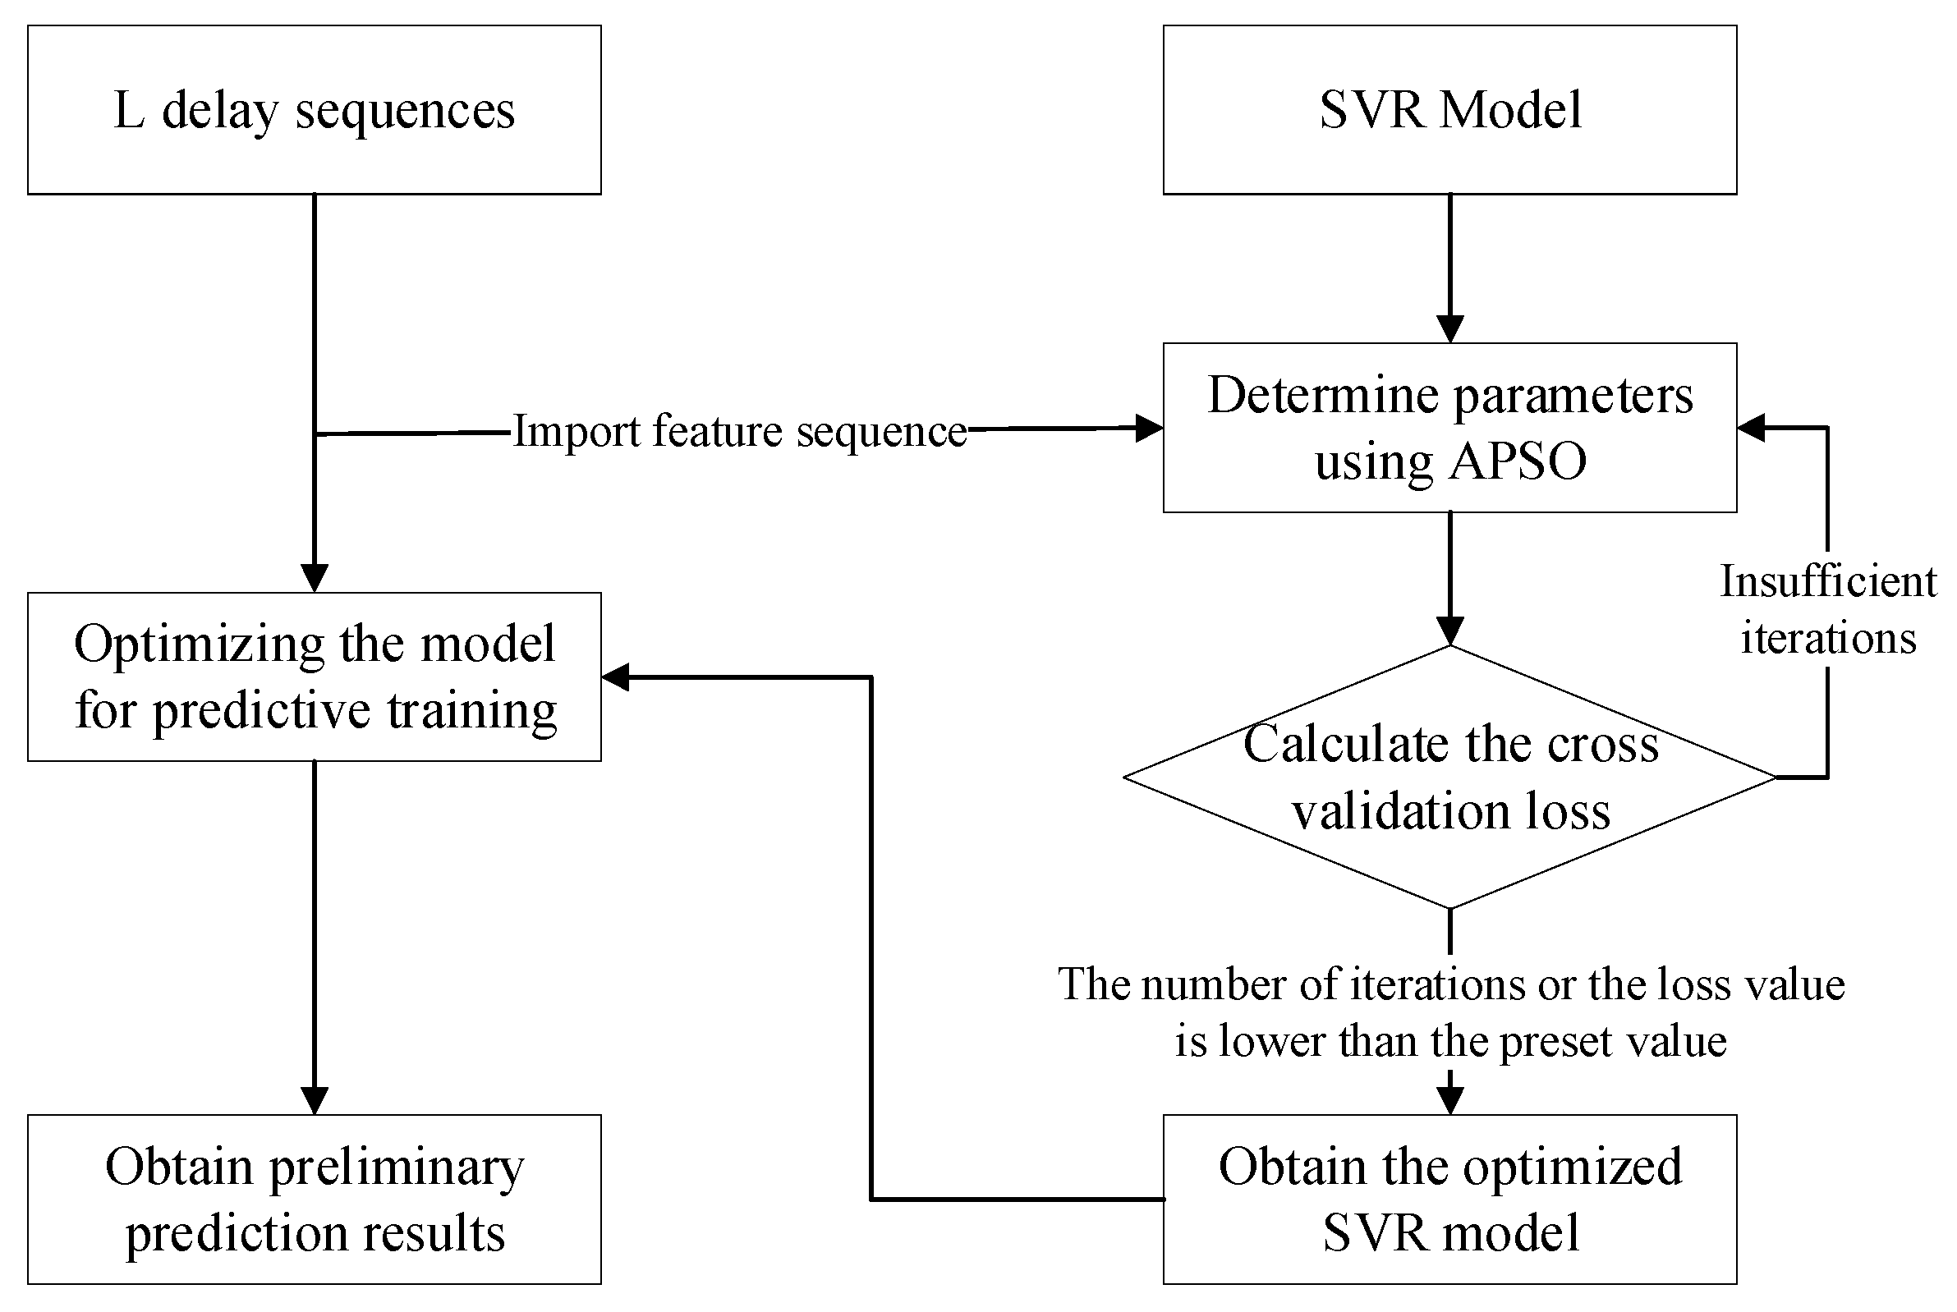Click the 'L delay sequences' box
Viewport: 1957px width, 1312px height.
click(314, 110)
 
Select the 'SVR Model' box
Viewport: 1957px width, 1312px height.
click(1449, 110)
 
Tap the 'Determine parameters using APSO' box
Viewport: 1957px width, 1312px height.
click(1449, 427)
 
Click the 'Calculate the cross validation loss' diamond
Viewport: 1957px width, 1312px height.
click(1449, 777)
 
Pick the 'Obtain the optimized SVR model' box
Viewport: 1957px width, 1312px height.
click(1449, 1198)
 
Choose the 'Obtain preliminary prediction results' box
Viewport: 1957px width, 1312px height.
click(314, 1198)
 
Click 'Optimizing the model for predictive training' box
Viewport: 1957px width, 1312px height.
click(314, 676)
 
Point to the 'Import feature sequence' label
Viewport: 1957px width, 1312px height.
click(740, 431)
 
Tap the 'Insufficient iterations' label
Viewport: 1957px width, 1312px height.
click(1827, 608)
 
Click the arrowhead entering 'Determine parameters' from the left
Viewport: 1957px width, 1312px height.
click(1149, 429)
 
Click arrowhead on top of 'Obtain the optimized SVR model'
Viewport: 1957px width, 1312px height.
click(1449, 1100)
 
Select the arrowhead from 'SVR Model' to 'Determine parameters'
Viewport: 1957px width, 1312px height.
click(1449, 328)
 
